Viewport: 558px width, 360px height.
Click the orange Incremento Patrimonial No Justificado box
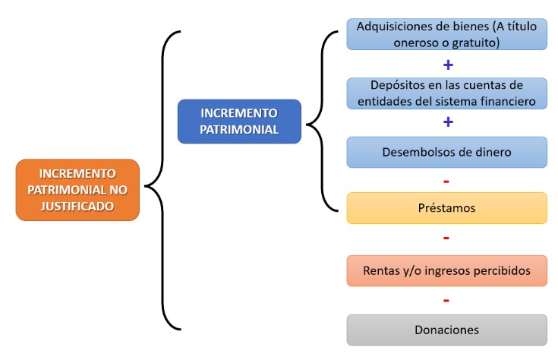coord(77,190)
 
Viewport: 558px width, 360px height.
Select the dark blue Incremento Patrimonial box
coord(239,122)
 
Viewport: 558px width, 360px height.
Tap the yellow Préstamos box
coord(446,208)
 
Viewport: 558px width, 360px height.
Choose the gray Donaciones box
coord(446,330)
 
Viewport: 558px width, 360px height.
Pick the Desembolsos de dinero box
coord(446,152)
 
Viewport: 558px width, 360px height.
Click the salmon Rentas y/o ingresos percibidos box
coord(446,270)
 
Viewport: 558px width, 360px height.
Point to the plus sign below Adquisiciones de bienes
coord(449,65)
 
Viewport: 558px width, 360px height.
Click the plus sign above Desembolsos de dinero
coord(449,122)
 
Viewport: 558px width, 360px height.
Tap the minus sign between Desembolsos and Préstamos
coord(446,182)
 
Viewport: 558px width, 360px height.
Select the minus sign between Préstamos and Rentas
coord(446,238)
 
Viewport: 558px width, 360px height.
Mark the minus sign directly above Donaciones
coord(446,301)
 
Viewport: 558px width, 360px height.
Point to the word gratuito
coord(476,43)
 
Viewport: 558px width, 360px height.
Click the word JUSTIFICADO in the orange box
coord(77,207)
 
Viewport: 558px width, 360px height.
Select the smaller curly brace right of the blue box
coord(323,122)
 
